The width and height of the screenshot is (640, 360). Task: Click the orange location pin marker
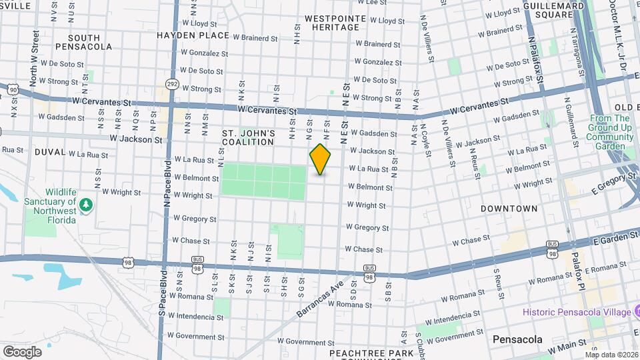pyautogui.click(x=320, y=159)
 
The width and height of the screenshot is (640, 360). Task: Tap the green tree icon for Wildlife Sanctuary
pyautogui.click(x=85, y=203)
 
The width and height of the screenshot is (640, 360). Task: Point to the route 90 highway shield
pyautogui.click(x=13, y=88)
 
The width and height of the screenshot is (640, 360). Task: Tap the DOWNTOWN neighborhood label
pyautogui.click(x=509, y=209)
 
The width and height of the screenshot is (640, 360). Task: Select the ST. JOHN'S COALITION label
pyautogui.click(x=248, y=138)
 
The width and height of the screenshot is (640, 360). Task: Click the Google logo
pyautogui.click(x=22, y=351)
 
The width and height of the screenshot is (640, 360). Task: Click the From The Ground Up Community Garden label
pyautogui.click(x=609, y=132)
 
